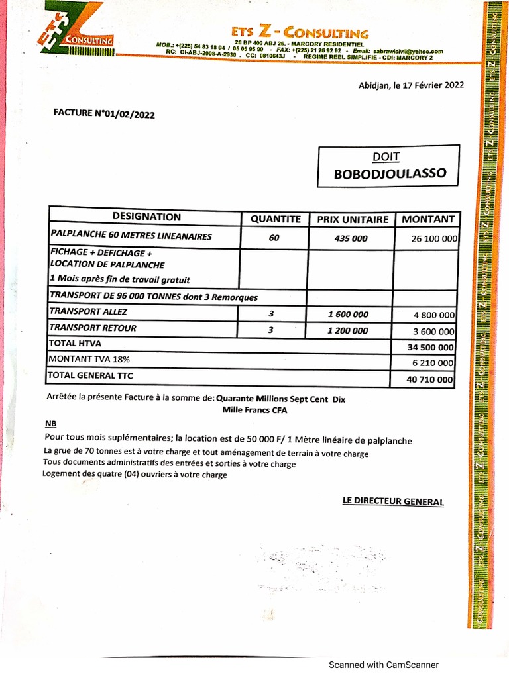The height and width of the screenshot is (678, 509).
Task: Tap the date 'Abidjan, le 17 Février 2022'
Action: click(411, 85)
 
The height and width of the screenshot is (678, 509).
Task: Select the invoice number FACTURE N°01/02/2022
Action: click(104, 113)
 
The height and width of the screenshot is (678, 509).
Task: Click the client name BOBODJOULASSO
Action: click(390, 174)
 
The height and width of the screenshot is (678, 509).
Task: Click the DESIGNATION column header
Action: click(146, 217)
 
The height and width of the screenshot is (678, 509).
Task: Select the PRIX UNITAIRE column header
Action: click(352, 219)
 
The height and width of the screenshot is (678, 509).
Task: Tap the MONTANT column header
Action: click(427, 219)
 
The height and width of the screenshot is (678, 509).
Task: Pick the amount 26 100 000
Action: click(434, 238)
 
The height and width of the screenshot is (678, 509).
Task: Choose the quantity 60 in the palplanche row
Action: click(274, 238)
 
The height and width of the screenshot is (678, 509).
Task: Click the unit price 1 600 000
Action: click(349, 315)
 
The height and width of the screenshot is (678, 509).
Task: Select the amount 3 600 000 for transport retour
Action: click(434, 332)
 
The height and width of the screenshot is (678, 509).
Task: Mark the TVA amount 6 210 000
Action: click(434, 363)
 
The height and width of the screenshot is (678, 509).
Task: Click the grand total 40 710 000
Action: click(431, 379)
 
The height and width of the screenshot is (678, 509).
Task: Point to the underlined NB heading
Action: click(51, 424)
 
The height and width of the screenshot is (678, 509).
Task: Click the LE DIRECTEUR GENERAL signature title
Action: click(393, 501)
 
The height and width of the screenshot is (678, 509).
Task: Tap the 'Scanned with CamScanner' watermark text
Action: click(384, 665)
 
